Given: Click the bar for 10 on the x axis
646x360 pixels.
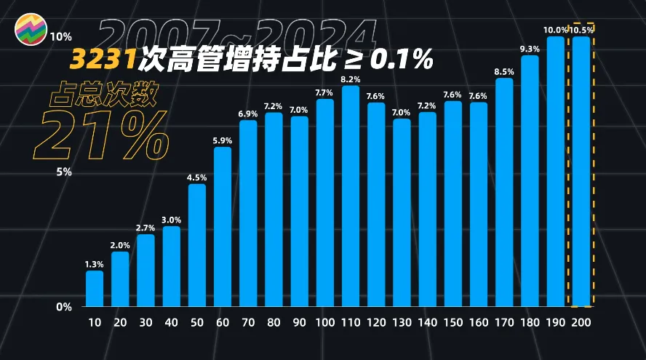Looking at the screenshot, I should click(x=95, y=289).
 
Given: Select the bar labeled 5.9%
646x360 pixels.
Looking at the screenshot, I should click(x=223, y=226).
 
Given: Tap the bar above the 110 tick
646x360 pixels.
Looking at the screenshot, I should click(x=351, y=196).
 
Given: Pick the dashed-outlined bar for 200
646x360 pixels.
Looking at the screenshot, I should click(x=581, y=172).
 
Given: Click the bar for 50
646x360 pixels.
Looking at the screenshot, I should click(x=197, y=245).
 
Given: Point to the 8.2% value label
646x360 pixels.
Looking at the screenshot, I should click(x=351, y=79).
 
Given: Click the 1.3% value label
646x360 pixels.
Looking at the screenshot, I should click(x=95, y=264).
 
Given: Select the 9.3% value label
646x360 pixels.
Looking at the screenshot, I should click(x=530, y=49).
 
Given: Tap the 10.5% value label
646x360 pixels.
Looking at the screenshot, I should click(x=581, y=31).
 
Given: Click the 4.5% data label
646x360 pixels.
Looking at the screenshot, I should click(x=197, y=177).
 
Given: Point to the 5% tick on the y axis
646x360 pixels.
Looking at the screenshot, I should click(x=65, y=172).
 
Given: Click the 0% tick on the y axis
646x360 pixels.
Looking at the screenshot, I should click(x=65, y=307).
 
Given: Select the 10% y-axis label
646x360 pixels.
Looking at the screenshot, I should click(x=62, y=36).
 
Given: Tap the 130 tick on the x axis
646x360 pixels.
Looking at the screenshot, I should click(x=402, y=322).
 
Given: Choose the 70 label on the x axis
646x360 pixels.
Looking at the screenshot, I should click(x=248, y=322).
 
